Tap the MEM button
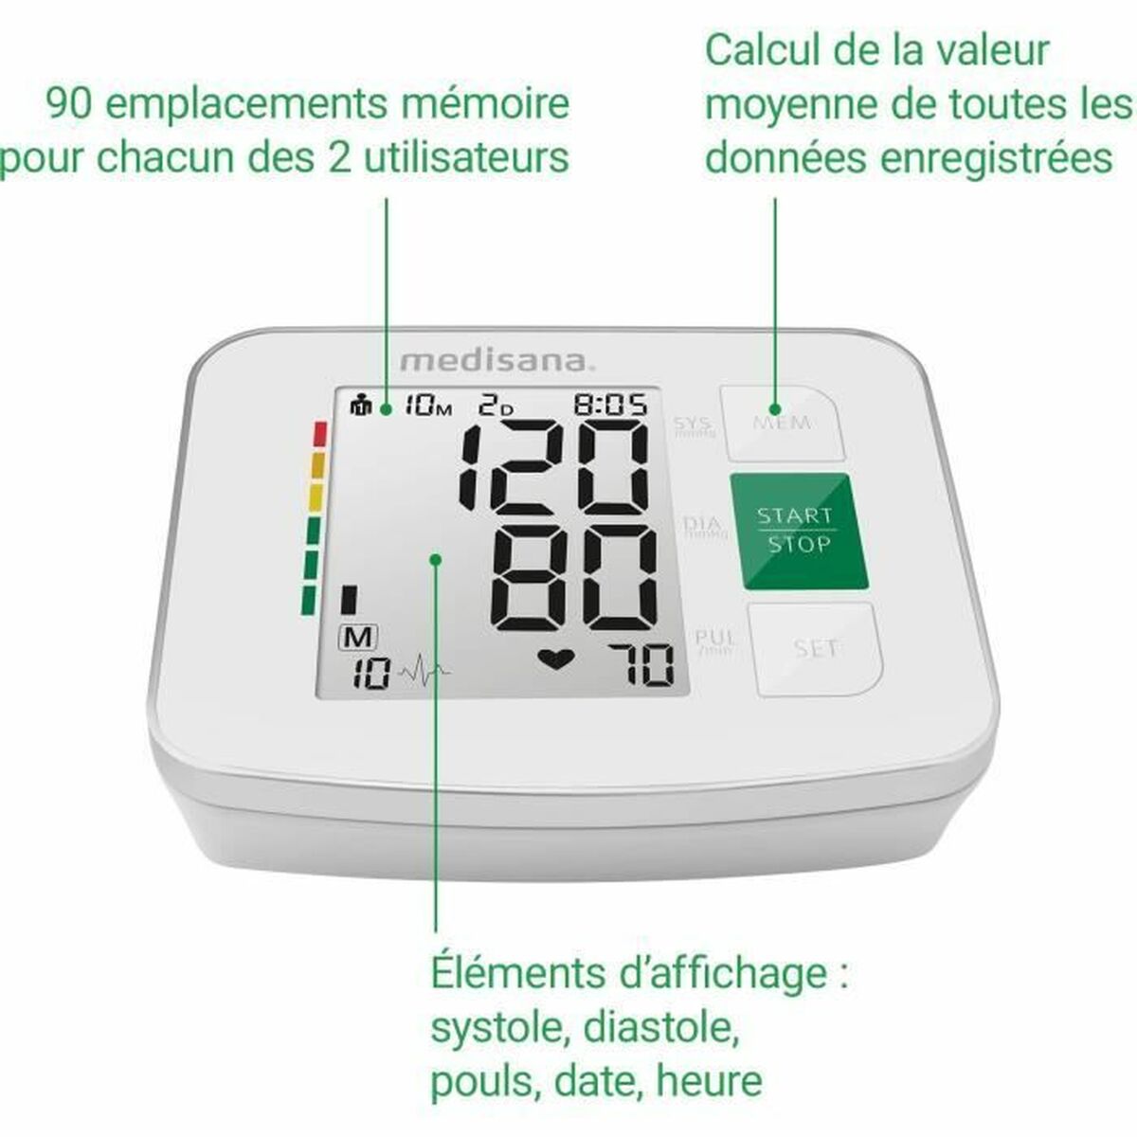[x=782, y=422]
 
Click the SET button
[x=816, y=648]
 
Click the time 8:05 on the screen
[x=611, y=406]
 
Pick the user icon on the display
[x=361, y=406]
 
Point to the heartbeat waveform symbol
[x=424, y=674]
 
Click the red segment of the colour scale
[x=318, y=434]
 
